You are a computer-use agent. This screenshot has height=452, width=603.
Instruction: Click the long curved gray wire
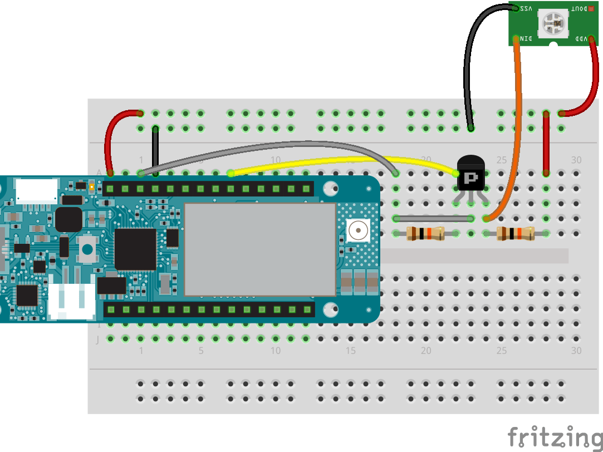[x=267, y=146]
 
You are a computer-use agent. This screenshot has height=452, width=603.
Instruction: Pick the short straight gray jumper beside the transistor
[x=433, y=218]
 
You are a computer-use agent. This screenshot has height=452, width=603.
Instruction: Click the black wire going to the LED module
[x=467, y=67]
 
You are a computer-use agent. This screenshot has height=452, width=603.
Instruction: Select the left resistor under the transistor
[x=425, y=233]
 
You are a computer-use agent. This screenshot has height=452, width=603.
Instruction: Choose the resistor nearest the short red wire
[x=516, y=233]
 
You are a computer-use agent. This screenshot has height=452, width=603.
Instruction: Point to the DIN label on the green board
[x=527, y=38]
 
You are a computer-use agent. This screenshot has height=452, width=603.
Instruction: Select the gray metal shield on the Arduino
[x=260, y=249]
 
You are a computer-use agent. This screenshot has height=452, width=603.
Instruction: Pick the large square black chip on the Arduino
[x=135, y=248]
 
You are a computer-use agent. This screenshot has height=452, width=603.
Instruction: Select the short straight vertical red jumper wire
[x=546, y=143]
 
